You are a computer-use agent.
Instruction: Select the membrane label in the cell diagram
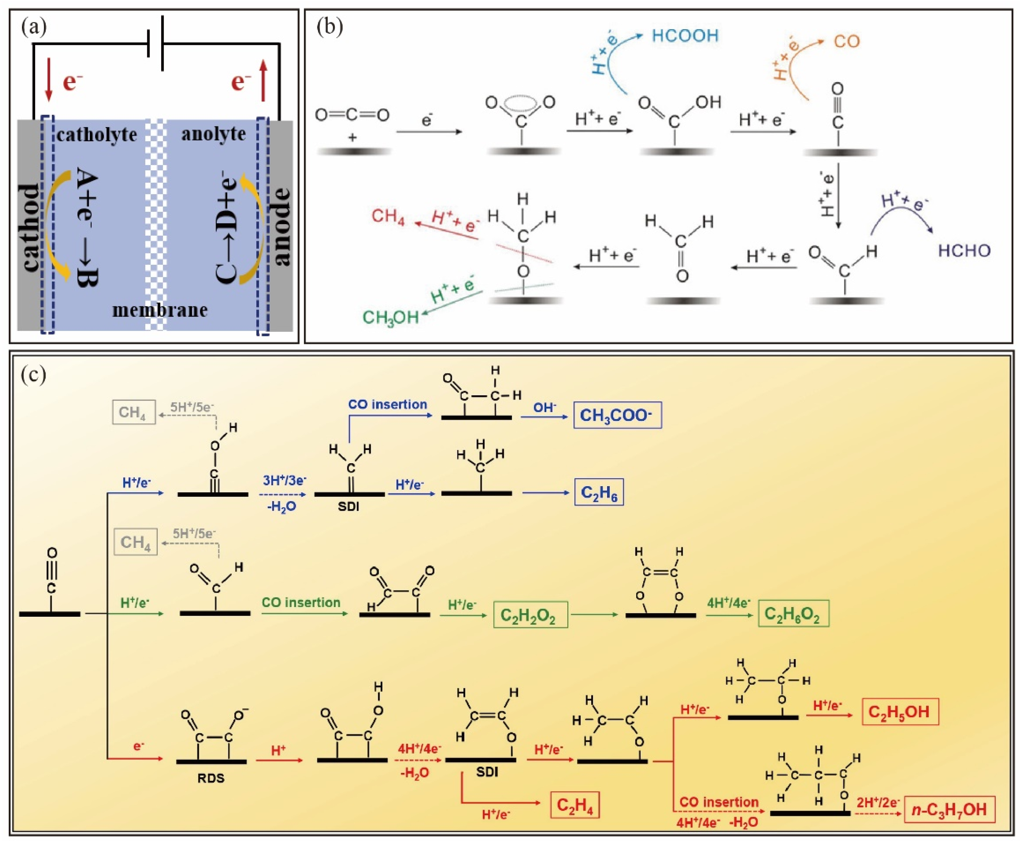(160, 310)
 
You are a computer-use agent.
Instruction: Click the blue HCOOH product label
(685, 36)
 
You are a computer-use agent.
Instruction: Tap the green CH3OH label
(390, 317)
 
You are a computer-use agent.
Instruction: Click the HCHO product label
(964, 251)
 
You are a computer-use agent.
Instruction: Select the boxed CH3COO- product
(617, 415)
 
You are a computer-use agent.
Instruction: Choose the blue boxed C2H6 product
(599, 493)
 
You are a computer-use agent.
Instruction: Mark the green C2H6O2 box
(793, 614)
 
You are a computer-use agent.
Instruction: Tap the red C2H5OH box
(900, 712)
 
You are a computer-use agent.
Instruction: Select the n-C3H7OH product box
(949, 809)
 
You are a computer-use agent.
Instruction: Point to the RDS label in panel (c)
(211, 778)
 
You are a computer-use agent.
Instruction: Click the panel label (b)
(329, 27)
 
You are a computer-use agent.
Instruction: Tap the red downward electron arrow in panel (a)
(48, 80)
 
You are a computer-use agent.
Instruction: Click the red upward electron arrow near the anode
(263, 80)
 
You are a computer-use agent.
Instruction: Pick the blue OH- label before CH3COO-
(544, 407)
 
